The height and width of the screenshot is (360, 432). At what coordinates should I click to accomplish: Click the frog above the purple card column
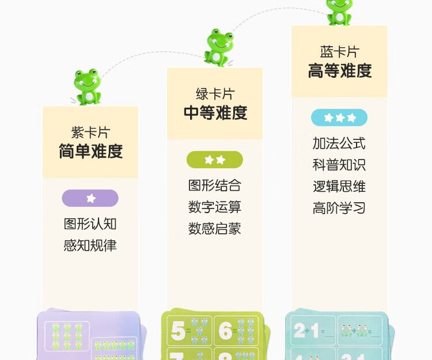(88, 87)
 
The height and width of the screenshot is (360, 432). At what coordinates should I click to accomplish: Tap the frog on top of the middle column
(219, 47)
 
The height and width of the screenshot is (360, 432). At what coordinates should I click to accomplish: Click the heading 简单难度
(90, 151)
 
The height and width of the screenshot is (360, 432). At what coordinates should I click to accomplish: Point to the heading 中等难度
(215, 112)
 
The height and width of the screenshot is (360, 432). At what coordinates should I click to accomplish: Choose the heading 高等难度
(340, 70)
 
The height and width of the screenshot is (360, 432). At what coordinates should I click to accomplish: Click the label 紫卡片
(90, 132)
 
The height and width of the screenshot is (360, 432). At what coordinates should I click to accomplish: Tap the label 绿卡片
(215, 94)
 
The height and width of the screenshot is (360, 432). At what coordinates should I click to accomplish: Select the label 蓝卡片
(340, 52)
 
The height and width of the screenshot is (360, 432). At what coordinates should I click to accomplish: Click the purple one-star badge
(90, 198)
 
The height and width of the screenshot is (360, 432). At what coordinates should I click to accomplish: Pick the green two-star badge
(215, 160)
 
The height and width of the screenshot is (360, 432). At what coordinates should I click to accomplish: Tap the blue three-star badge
(339, 118)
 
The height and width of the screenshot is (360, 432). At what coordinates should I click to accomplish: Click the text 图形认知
(90, 223)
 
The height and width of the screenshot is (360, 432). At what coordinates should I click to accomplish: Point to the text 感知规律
(90, 245)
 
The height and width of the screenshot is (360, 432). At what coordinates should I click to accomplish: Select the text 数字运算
(215, 207)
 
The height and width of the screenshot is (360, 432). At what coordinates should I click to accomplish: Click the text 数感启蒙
(215, 228)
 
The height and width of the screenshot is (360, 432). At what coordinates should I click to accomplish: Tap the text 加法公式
(339, 143)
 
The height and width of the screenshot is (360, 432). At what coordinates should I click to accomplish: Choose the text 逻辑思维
(339, 187)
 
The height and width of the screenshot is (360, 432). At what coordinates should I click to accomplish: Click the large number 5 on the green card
(178, 331)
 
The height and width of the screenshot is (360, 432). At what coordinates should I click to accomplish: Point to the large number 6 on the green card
(226, 331)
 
